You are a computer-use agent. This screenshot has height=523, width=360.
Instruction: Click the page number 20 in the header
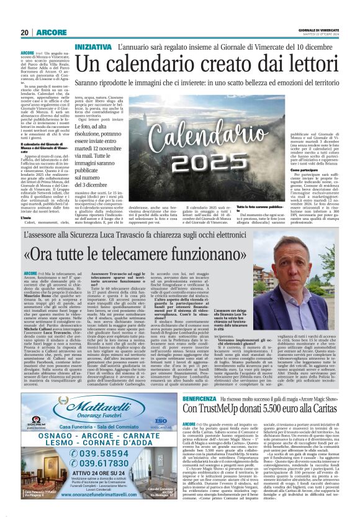coord(25,32)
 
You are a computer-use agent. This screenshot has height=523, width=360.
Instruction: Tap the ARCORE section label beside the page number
coord(48,32)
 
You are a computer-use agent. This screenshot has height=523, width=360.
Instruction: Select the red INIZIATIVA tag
coord(92,47)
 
